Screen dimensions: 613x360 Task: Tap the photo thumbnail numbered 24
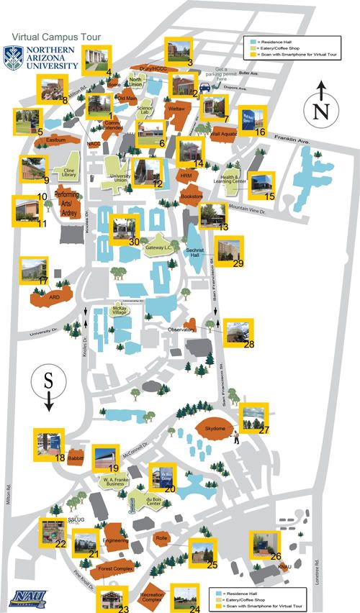pyautogui.click(x=184, y=596)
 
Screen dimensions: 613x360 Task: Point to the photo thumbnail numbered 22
pyautogui.click(x=52, y=534)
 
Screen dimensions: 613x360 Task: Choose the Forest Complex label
pyautogui.click(x=116, y=569)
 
